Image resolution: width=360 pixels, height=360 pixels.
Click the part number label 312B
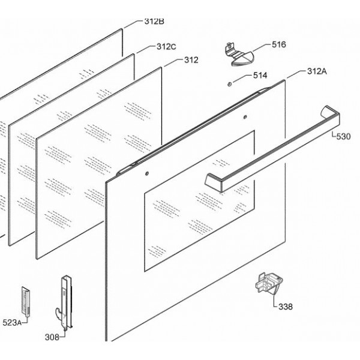pos(154,21)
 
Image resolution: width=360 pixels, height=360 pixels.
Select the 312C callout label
pos(166,47)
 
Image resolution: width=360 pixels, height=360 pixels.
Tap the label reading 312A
pos(316,71)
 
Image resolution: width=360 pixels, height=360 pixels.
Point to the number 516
pos(279,44)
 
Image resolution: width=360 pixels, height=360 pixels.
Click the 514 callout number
pos(260,76)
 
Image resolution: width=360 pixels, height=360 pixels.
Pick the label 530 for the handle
pos(343,137)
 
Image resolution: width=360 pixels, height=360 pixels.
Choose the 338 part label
pos(286,307)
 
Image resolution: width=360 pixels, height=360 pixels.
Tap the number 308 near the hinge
pos(52,337)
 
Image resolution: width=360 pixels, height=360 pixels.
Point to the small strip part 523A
pos(26,300)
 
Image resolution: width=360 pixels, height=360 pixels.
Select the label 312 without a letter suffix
pos(191,60)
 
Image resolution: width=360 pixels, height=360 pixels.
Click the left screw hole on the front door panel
pos(147,175)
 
